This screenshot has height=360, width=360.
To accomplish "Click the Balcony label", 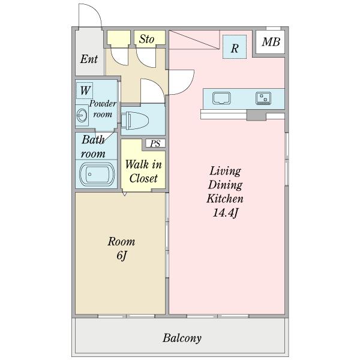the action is click(182, 338).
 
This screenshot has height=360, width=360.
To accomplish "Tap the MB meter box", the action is click(270, 42).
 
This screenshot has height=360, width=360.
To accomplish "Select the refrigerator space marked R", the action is click(235, 47).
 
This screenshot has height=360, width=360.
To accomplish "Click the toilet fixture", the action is click(135, 121).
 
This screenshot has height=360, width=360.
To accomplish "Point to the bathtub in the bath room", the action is click(97, 175).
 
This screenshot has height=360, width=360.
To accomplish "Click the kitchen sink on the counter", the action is click(221, 98).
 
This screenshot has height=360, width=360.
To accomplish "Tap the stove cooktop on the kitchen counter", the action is click(263, 98).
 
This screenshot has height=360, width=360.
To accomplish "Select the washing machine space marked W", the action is click(85, 91).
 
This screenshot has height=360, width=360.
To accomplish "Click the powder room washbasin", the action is click(82, 115).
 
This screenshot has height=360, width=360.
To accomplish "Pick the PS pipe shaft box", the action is click(155, 143).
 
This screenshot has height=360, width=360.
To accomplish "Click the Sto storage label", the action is click(146, 39).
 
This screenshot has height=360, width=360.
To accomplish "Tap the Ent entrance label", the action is click(89, 59).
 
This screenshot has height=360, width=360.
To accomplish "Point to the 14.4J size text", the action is click(225, 212).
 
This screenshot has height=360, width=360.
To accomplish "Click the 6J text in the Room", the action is click(122, 256).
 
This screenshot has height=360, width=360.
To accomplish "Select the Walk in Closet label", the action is click(143, 171).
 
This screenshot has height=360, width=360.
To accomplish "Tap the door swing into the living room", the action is click(189, 86).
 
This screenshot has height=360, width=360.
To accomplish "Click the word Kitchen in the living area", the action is click(225, 199).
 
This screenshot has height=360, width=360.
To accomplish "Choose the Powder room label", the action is click(103, 109).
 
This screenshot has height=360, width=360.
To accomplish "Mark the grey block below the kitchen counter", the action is click(256, 115).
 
